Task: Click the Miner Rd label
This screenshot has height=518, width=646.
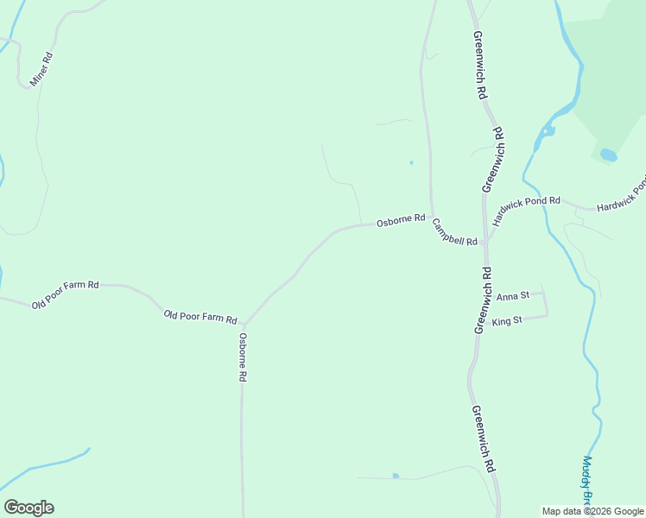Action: (x=41, y=69)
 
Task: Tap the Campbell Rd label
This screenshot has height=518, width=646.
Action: (x=455, y=231)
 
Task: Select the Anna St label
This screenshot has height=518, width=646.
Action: (x=512, y=296)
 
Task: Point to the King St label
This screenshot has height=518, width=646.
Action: (x=507, y=321)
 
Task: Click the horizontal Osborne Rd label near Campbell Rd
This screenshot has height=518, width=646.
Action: (x=401, y=220)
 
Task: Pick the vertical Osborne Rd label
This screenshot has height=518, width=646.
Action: (x=244, y=357)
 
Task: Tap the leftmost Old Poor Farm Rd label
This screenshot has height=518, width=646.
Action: (x=66, y=294)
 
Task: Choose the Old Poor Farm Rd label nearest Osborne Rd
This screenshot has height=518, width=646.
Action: (x=200, y=317)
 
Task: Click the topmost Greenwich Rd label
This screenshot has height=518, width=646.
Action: (x=480, y=66)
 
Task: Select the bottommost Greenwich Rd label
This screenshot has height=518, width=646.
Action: (x=482, y=439)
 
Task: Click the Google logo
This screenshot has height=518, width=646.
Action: (x=28, y=508)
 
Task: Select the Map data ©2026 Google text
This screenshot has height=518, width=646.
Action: (x=592, y=511)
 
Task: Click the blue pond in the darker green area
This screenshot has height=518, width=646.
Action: (x=608, y=155)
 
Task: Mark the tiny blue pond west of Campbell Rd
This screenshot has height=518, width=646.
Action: (x=411, y=162)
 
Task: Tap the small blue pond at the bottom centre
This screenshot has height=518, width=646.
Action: (x=396, y=476)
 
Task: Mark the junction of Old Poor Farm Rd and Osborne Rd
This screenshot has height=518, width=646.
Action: (x=244, y=325)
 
